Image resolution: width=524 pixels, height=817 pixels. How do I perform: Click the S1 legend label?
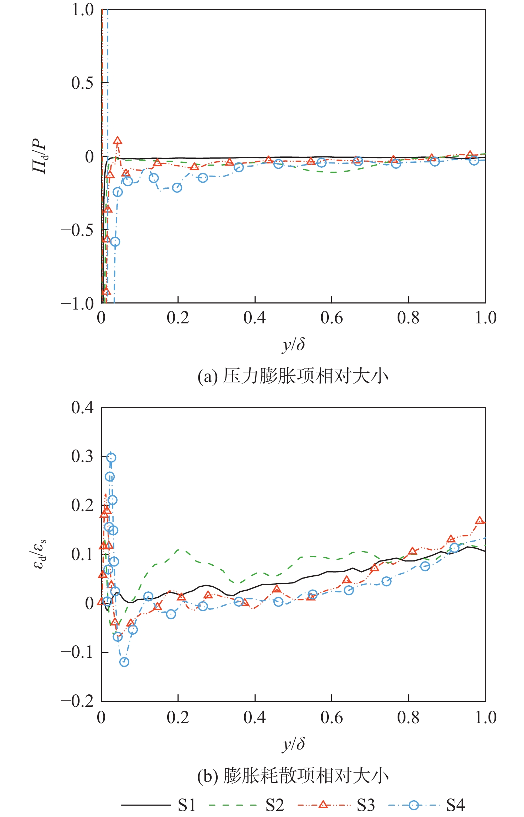click(187, 805)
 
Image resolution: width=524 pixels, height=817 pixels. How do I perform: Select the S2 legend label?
click(275, 805)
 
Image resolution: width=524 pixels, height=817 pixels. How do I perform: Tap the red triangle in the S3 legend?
click(323, 805)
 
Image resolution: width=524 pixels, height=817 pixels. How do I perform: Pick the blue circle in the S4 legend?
click(414, 805)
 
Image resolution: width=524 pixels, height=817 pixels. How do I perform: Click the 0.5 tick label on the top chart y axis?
click(82, 83)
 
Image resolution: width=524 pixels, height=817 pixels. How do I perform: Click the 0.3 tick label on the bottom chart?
click(82, 456)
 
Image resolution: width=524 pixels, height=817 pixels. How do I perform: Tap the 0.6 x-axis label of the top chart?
click(331, 318)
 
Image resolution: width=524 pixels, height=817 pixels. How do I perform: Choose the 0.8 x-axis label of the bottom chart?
click(408, 717)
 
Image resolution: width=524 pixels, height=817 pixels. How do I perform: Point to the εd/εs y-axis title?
click(40, 554)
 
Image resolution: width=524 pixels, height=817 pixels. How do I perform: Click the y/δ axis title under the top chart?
click(294, 344)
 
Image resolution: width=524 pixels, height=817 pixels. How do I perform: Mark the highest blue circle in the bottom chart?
click(111, 458)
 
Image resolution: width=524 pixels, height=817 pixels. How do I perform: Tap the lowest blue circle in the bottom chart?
click(124, 662)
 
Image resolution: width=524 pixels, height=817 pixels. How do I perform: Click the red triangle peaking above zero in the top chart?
click(118, 141)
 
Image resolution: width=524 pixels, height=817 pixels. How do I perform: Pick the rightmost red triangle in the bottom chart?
click(480, 521)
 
